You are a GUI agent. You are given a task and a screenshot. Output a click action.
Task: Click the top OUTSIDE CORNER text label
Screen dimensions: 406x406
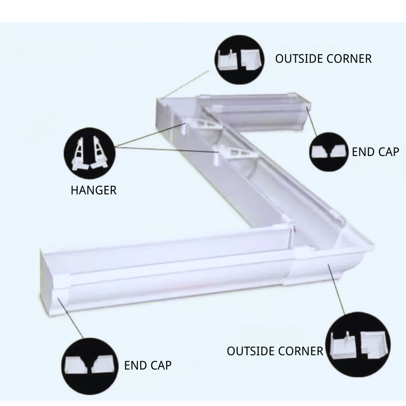point(323,58)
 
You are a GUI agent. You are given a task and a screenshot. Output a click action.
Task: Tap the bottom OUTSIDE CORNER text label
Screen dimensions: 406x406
point(275,351)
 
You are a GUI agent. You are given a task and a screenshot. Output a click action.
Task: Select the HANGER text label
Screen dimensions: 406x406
point(93,190)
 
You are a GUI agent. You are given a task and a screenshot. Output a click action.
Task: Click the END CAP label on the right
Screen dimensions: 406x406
point(375,151)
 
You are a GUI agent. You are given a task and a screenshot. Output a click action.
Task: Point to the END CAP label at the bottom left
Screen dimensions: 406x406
point(148,365)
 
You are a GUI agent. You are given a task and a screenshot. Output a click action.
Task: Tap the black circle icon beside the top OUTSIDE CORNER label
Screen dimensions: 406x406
point(240,58)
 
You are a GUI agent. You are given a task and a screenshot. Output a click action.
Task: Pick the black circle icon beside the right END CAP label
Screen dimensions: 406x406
point(329,152)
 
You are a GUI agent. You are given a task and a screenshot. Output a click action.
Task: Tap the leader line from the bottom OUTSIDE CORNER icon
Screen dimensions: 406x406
point(338,292)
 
